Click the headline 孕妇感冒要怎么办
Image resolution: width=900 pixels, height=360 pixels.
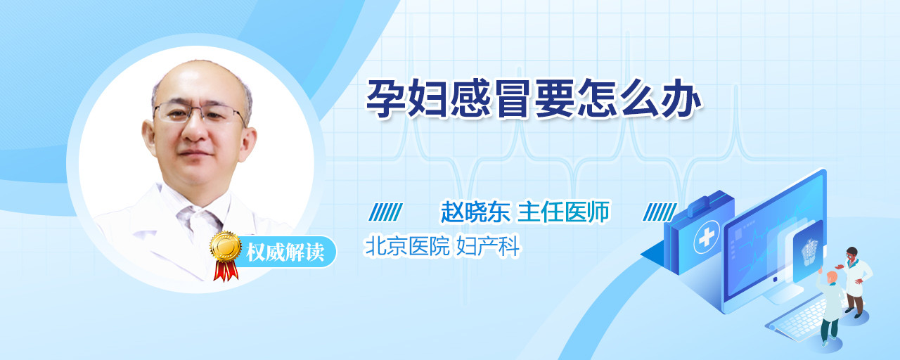click(x=534, y=99)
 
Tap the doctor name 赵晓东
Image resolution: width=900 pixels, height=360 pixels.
click(x=475, y=212)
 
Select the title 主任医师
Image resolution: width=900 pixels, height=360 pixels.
click(x=563, y=212)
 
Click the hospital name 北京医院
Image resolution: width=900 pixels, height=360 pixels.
click(x=407, y=246)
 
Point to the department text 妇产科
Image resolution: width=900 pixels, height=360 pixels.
click(x=488, y=246)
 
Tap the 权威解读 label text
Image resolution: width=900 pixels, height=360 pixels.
click(x=285, y=252)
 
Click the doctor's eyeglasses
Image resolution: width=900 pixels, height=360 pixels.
click(x=200, y=112)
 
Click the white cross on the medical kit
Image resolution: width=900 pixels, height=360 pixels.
click(x=707, y=238)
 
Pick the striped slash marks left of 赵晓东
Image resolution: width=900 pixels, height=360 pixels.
click(x=385, y=212)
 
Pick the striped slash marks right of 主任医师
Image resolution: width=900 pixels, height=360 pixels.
click(x=660, y=212)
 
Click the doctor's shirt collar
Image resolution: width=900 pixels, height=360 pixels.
click(x=199, y=212)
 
